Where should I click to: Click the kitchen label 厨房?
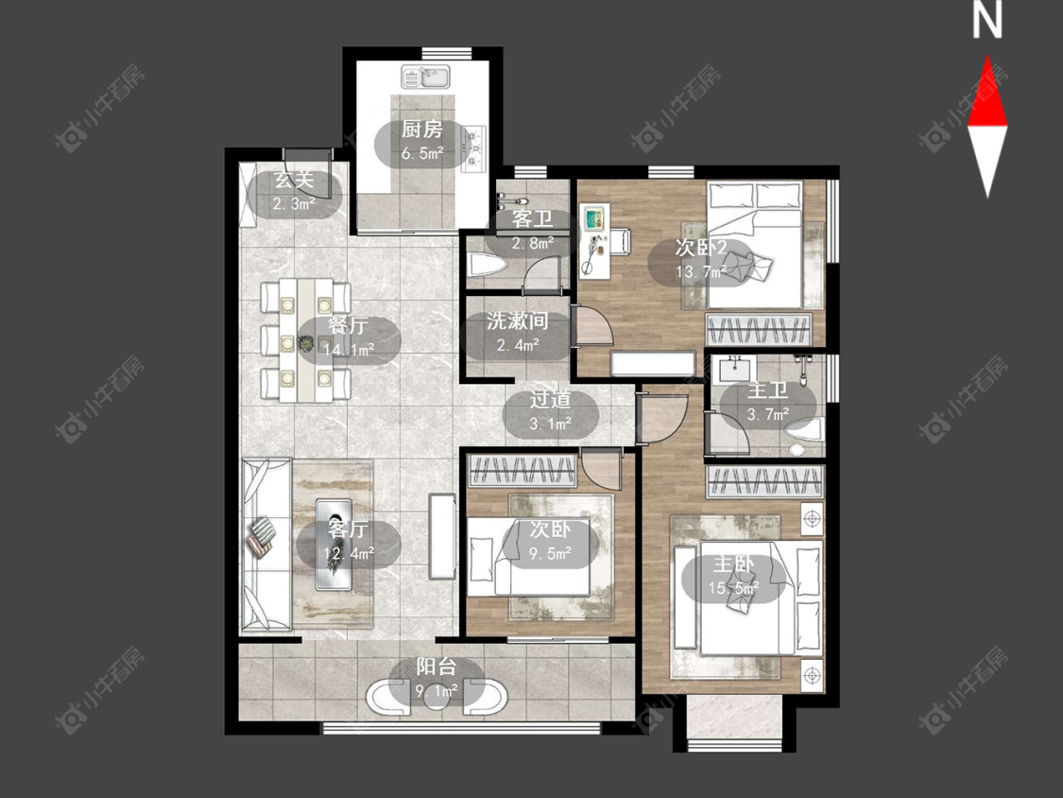(x=421, y=129)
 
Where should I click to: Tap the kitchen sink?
(x=425, y=77)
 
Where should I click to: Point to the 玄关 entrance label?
(x=294, y=180)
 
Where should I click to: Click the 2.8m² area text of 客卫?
(x=532, y=243)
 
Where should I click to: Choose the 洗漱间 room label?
(x=517, y=321)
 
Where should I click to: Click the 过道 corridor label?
(x=550, y=400)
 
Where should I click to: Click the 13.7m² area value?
(x=701, y=272)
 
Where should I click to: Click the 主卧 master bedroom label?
(x=733, y=564)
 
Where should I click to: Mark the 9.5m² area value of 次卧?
(x=550, y=554)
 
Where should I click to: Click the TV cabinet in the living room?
(x=443, y=537)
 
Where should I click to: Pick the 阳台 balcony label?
(x=436, y=667)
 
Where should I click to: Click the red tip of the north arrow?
(x=987, y=57)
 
